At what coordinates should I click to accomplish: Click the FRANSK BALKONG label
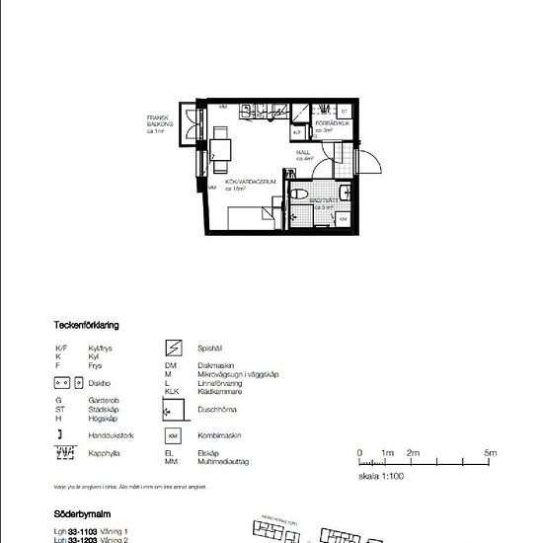(160, 124)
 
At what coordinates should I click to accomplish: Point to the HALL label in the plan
(304, 154)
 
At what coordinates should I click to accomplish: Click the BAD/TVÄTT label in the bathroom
(324, 203)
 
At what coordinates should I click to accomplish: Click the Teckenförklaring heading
(88, 325)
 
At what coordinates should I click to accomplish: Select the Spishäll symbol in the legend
(173, 347)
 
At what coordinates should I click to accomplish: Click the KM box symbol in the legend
(173, 435)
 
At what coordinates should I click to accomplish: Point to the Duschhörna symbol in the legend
(172, 408)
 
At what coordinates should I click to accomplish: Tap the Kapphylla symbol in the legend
(66, 453)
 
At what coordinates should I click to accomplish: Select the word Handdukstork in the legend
(110, 434)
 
